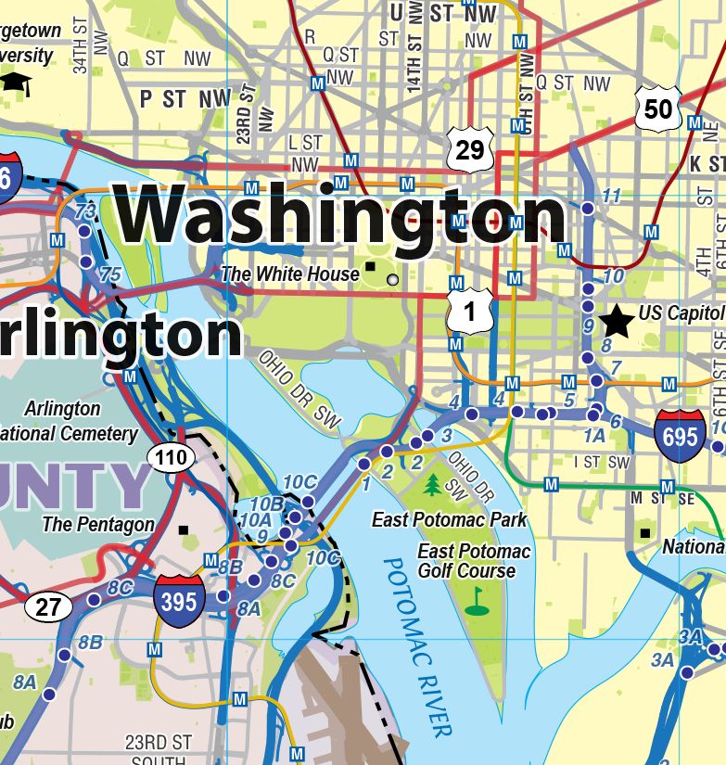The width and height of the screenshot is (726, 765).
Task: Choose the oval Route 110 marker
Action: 172,456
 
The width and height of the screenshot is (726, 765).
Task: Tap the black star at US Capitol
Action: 616,321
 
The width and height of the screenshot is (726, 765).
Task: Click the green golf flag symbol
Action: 477,601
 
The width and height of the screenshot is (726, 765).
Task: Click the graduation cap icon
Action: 15,81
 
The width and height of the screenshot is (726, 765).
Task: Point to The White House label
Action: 289,274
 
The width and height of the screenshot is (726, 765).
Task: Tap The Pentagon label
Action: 98,524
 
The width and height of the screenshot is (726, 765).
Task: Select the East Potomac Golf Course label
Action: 473,561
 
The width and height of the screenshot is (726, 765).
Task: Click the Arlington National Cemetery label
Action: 65,421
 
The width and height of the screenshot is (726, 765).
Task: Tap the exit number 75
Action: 109,274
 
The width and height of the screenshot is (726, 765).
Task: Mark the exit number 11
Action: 611,196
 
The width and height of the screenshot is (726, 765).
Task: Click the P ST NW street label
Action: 186,98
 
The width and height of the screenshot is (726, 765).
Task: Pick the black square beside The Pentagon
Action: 183,530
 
